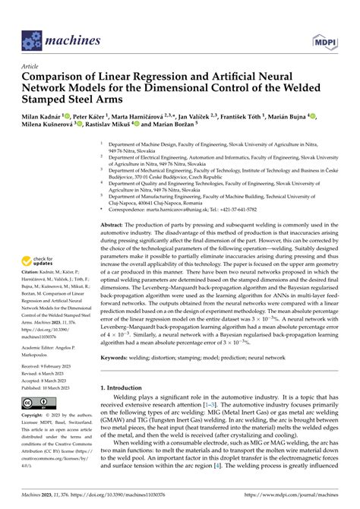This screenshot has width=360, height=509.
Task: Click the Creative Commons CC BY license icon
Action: point(36,403)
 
